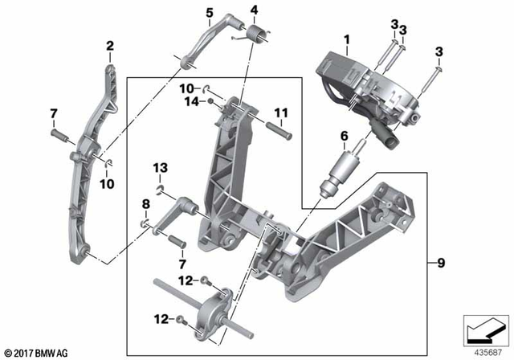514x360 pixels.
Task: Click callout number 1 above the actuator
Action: [346, 39]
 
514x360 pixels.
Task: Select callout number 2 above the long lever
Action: [110, 47]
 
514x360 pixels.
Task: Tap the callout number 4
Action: [254, 10]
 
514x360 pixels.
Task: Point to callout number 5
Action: [210, 13]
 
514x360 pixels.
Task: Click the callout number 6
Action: [345, 137]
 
